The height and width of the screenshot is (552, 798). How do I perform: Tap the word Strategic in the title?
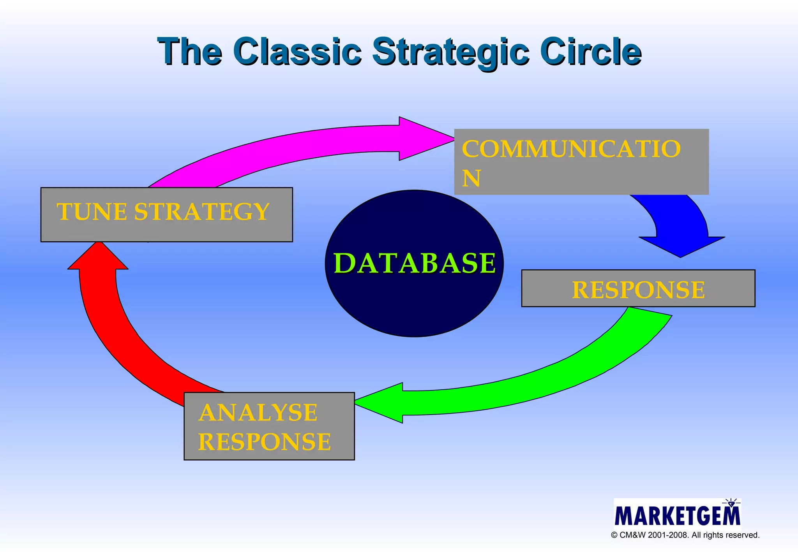pyautogui.click(x=451, y=52)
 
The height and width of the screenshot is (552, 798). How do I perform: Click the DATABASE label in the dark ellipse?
pyautogui.click(x=415, y=263)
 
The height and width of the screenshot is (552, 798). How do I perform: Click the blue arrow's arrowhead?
pyautogui.click(x=681, y=246)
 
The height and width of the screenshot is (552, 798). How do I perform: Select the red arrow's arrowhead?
pyautogui.click(x=98, y=257)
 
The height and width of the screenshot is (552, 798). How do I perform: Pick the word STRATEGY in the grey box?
pyautogui.click(x=202, y=212)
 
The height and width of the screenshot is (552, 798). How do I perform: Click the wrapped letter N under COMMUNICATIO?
pyautogui.click(x=471, y=178)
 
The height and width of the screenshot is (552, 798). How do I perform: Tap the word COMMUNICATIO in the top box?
pyautogui.click(x=571, y=149)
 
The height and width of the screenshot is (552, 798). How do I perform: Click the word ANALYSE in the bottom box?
pyautogui.click(x=258, y=413)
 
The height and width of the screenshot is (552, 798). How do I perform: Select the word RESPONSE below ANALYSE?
pyautogui.click(x=264, y=442)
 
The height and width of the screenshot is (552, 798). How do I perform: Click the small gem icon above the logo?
pyautogui.click(x=731, y=503)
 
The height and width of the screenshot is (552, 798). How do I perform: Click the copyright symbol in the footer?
pyautogui.click(x=614, y=535)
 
